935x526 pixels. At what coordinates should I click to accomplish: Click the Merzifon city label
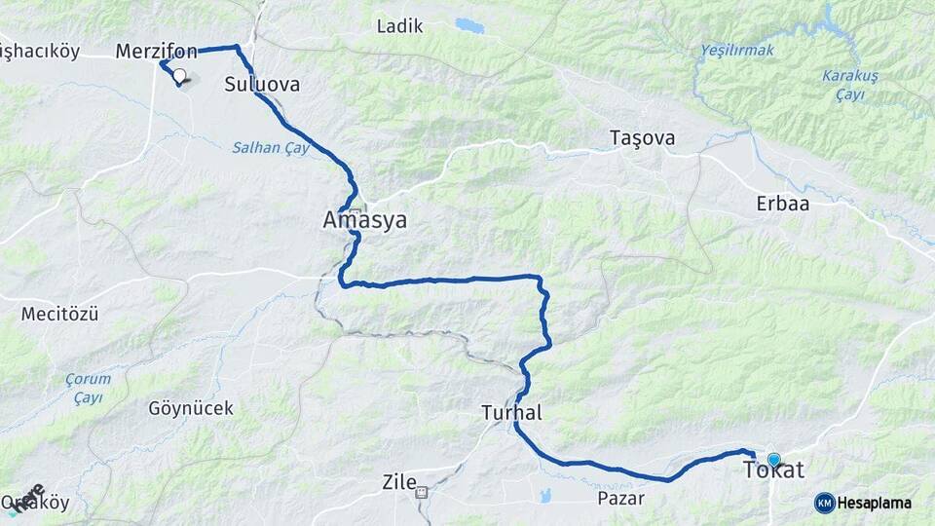[156, 51]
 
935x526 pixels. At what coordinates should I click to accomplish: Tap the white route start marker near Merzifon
[179, 74]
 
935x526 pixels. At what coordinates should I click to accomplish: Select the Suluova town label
[262, 85]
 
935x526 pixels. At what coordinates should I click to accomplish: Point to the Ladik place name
[399, 26]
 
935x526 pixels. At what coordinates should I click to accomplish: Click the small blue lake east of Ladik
[469, 24]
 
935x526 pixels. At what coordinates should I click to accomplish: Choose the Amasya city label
[364, 222]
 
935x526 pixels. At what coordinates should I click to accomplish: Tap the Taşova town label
[642, 137]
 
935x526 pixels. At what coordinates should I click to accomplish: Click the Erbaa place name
[783, 205]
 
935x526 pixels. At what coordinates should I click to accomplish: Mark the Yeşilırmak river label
[735, 50]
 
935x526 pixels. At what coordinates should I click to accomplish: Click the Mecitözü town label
[59, 314]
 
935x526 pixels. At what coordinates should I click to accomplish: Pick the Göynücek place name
[191, 408]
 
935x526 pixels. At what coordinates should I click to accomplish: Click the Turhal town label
[511, 413]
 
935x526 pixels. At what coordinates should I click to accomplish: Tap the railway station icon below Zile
[422, 493]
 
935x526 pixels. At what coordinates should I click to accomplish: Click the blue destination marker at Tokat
[774, 460]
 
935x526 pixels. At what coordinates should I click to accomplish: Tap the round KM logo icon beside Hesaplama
[824, 503]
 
